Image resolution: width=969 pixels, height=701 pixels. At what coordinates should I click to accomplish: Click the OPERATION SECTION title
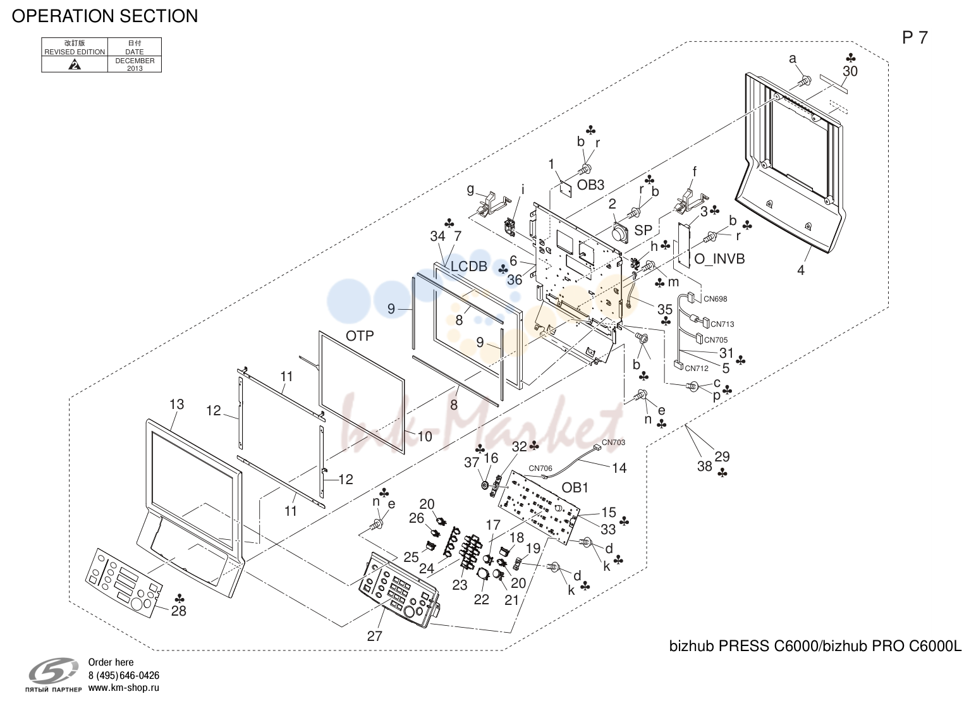[105, 16]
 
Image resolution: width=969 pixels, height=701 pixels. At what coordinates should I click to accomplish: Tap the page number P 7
[915, 38]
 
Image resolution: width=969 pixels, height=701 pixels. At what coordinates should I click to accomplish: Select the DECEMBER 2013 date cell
[135, 64]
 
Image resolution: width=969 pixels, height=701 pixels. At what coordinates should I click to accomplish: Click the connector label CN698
[716, 298]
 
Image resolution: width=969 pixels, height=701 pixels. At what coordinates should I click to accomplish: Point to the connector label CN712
[697, 369]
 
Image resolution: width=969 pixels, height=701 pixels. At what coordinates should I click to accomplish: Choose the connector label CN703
[613, 442]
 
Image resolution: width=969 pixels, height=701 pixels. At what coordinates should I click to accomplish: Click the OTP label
[360, 336]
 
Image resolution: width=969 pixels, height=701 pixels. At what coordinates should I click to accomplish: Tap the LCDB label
[469, 267]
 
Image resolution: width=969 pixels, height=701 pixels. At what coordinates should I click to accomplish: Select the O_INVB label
[719, 259]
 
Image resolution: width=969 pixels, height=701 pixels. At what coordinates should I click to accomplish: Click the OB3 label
[590, 185]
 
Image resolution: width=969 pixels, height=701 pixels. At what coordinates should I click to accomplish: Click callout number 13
[176, 404]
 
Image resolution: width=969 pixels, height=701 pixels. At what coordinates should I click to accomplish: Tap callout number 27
[375, 636]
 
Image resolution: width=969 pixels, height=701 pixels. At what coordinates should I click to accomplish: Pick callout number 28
[179, 611]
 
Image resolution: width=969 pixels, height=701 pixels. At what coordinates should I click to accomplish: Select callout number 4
[801, 271]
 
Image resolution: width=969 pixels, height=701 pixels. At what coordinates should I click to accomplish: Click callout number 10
[425, 437]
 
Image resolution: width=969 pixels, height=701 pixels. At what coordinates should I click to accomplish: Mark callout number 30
[850, 71]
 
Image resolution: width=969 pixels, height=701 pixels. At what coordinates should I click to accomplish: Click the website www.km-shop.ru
[124, 688]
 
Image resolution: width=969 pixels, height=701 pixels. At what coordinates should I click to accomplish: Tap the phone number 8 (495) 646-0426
[124, 676]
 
